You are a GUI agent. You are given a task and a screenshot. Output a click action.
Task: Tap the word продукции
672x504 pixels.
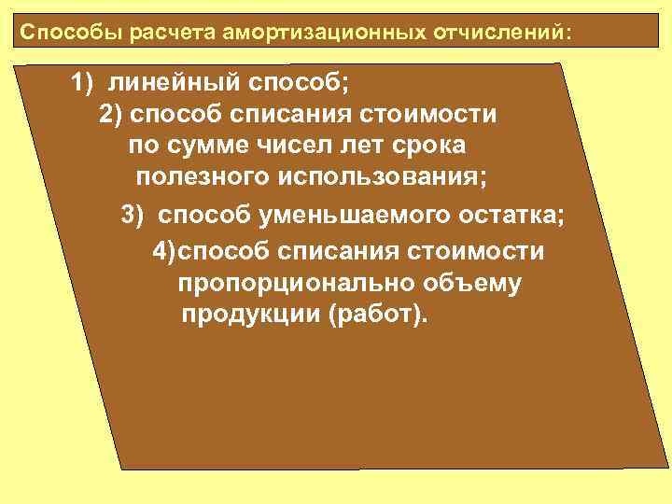[x=250, y=315]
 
